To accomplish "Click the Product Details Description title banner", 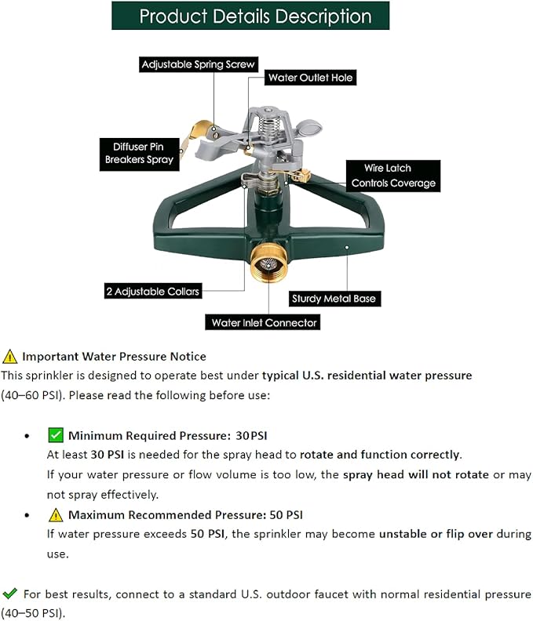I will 255,16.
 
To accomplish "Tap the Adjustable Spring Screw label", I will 198,65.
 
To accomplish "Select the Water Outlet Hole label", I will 311,78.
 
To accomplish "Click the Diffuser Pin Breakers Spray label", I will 139,152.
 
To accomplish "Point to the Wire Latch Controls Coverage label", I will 393,176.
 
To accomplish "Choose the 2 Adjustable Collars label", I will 153,291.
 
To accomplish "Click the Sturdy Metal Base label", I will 334,298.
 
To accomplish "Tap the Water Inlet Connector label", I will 264,322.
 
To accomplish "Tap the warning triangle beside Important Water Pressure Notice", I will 10,357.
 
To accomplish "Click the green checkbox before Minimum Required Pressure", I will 56,435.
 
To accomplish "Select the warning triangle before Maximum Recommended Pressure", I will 56,515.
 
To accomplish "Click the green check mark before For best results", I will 10,594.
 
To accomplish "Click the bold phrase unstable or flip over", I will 436,534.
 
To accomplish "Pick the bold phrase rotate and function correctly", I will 379,454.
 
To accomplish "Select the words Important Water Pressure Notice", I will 114,357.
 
